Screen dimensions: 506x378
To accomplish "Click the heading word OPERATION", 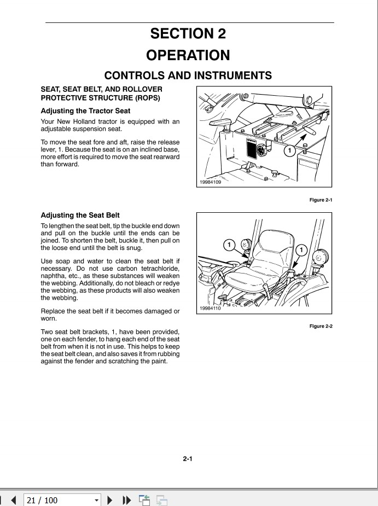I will [189, 55].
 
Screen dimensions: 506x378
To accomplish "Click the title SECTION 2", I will [189, 33].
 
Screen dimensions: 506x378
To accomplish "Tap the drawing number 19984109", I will [210, 182].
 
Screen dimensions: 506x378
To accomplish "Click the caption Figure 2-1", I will [321, 200].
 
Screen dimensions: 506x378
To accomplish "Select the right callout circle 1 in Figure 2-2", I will [301, 249].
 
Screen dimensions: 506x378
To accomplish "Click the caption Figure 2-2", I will [321, 327].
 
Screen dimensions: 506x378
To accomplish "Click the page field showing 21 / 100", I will [57, 500].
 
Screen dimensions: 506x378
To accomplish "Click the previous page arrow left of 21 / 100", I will [14, 500].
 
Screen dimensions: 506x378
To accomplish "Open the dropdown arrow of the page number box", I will [97, 500].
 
